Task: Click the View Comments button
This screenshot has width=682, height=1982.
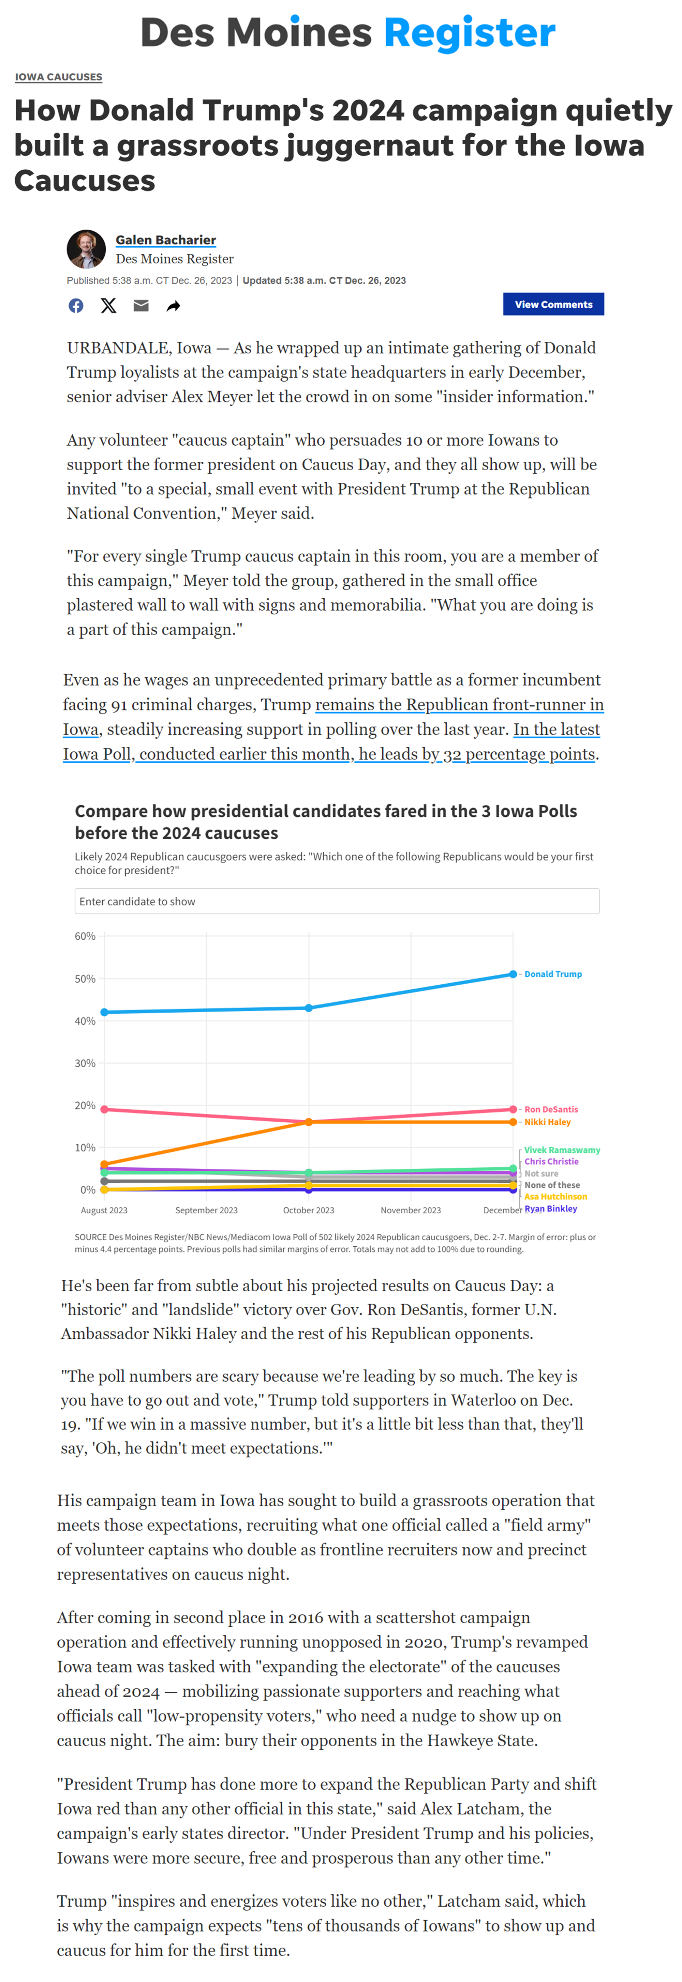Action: tap(553, 304)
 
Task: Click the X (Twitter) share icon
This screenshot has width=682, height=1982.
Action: tap(108, 305)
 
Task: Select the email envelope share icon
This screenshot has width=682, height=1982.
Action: tap(141, 305)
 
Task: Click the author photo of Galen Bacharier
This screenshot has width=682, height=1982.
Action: tap(86, 248)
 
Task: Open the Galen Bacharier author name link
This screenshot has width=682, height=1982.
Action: tap(165, 240)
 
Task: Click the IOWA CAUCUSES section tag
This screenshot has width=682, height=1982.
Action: tap(59, 77)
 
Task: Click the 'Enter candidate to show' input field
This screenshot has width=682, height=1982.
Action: tap(336, 901)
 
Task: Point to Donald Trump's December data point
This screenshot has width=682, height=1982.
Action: tap(513, 974)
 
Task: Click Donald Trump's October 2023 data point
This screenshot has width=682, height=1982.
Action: tap(309, 1008)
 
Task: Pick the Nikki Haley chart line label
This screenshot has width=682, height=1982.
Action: tap(547, 1122)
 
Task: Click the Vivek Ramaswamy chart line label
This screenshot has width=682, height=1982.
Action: tap(562, 1150)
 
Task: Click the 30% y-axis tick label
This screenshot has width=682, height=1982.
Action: tap(85, 1063)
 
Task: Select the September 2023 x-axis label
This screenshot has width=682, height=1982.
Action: tap(206, 1210)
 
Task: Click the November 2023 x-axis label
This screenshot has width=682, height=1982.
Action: tap(411, 1210)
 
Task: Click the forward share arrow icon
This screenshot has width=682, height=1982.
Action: tap(173, 306)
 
